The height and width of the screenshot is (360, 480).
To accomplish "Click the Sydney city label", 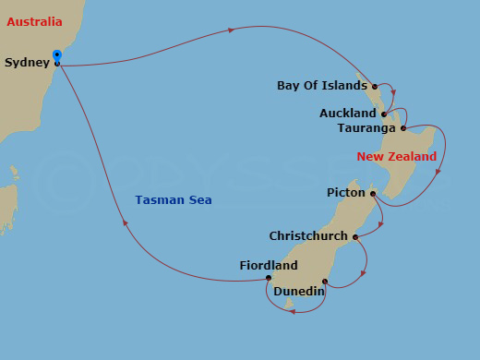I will (x=27, y=63).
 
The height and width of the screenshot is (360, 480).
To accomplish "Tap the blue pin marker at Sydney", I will (x=57, y=57).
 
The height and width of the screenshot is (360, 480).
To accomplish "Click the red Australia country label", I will (x=34, y=20).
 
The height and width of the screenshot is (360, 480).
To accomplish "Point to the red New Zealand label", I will (x=397, y=157).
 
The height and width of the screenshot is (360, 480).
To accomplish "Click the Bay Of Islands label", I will (x=322, y=86).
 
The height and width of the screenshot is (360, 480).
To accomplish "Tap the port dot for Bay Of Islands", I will (x=375, y=87).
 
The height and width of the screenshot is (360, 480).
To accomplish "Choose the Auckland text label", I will (x=348, y=114).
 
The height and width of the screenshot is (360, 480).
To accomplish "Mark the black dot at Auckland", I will (x=383, y=114).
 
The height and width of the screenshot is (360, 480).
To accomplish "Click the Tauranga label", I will (x=367, y=127).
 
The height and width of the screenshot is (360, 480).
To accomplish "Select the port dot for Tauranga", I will (x=403, y=128).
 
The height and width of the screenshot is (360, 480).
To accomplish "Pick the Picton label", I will (x=347, y=193).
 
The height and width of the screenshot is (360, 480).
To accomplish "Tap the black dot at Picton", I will (x=373, y=194).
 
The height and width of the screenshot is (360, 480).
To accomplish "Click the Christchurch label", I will (x=308, y=235).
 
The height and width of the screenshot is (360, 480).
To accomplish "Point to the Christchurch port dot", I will (x=355, y=236).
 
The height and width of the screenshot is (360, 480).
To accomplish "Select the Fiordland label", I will (x=268, y=266).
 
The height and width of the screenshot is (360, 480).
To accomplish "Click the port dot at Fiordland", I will (x=269, y=278).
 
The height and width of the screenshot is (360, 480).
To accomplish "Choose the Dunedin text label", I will (x=298, y=292).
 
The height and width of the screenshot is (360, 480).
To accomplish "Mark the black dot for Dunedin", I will (x=325, y=282).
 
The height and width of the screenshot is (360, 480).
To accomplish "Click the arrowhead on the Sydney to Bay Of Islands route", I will (x=231, y=30).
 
